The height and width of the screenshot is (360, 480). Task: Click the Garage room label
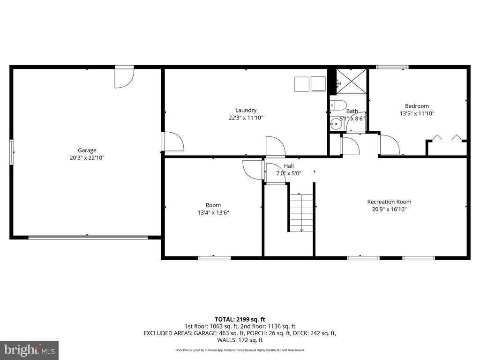click(87, 150)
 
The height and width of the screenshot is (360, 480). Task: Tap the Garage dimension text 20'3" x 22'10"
click(87, 158)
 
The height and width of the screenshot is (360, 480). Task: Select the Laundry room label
click(246, 111)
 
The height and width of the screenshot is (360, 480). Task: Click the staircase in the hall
click(300, 212)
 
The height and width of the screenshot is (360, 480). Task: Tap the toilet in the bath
click(337, 104)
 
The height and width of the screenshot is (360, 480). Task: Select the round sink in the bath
click(336, 124)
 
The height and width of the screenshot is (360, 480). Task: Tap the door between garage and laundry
click(172, 142)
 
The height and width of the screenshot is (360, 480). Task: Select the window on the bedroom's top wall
click(392, 67)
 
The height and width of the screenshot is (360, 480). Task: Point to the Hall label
click(289, 166)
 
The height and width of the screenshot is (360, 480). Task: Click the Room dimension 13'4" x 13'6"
click(213, 213)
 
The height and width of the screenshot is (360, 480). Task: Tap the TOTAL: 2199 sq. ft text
click(240, 319)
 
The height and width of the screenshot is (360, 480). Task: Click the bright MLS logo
click(29, 350)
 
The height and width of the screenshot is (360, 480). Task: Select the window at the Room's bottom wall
click(214, 257)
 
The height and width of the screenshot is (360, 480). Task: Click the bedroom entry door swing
click(389, 145)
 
